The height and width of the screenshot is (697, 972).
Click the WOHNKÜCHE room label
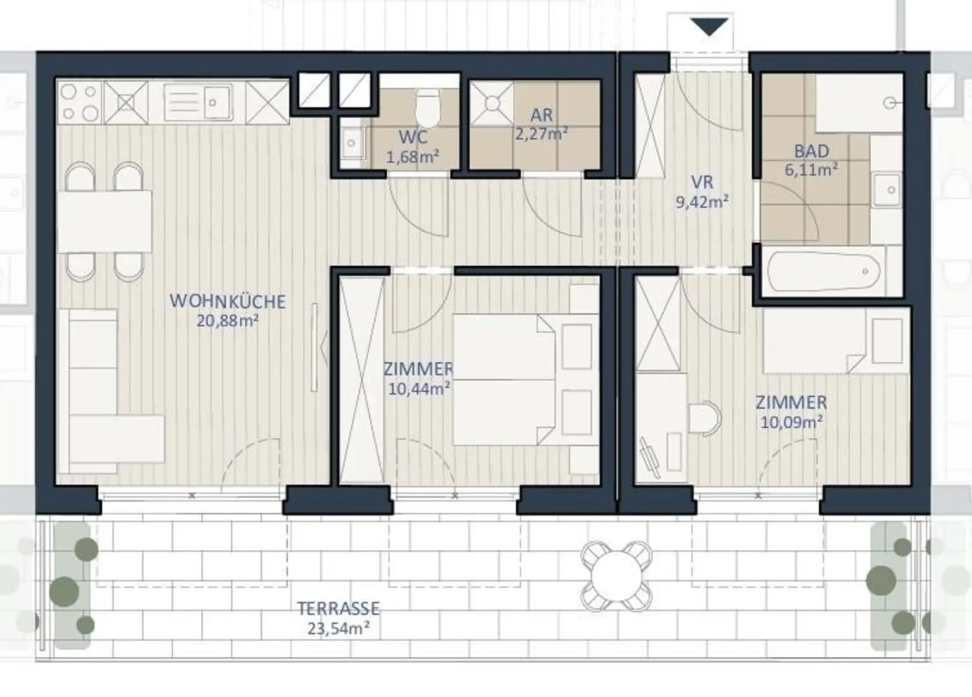[x=228, y=302]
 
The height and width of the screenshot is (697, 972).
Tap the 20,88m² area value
[x=228, y=321]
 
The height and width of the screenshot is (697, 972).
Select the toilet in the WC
[x=428, y=107]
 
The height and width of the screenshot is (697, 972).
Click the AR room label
[x=542, y=115]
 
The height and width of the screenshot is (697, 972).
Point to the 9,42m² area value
[x=702, y=202]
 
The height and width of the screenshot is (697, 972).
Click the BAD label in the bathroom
[x=811, y=151]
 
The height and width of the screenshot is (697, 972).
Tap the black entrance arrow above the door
[x=709, y=27]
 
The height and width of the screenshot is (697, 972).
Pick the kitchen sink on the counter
[x=198, y=103]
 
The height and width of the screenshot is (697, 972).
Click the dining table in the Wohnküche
[x=104, y=221]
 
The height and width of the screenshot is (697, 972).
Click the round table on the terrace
[x=616, y=576]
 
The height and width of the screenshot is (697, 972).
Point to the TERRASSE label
[x=339, y=608]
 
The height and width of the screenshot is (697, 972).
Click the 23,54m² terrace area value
[x=339, y=628]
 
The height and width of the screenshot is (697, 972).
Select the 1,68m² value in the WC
[x=413, y=157]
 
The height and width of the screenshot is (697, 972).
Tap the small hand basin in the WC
[x=352, y=143]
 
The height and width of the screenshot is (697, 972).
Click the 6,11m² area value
[x=811, y=170]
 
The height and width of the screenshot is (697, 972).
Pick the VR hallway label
[x=702, y=182]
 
